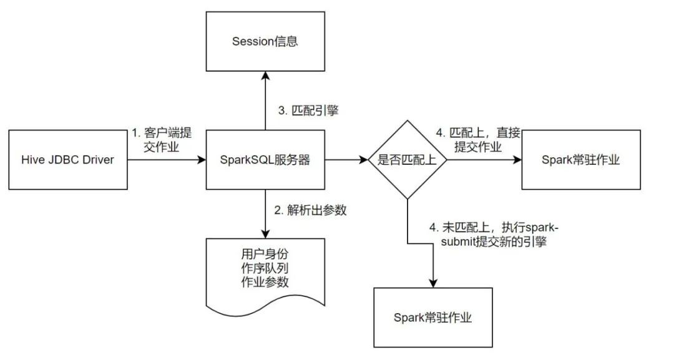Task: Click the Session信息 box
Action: (265, 42)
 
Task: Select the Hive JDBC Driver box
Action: (68, 160)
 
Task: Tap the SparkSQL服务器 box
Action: (265, 160)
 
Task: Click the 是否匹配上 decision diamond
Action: (408, 160)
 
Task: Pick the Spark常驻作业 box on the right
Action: (581, 160)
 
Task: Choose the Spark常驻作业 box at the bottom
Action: (432, 317)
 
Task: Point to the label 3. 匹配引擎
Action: (308, 110)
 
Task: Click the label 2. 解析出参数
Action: (310, 210)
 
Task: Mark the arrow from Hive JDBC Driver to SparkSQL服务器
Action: (167, 160)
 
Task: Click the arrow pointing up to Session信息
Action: (265, 100)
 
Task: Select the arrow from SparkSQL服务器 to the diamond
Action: (346, 160)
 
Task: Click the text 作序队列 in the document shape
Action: (265, 268)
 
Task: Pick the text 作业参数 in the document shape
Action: (265, 282)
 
